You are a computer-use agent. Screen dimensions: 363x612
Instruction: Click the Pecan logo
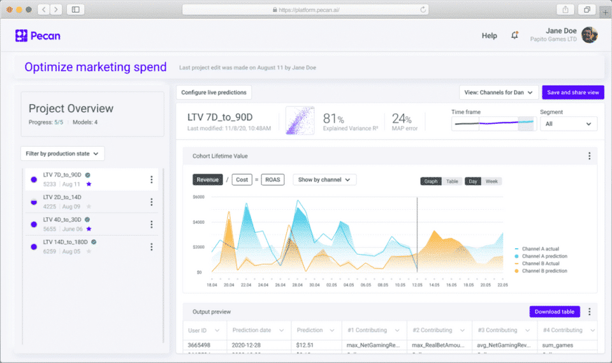[x=38, y=36]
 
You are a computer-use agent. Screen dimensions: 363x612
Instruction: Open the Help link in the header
[x=489, y=36]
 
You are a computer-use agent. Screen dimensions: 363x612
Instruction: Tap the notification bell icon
[x=514, y=36]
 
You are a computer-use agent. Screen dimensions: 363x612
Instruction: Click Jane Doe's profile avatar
[x=590, y=35]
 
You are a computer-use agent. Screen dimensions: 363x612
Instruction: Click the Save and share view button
[x=572, y=93]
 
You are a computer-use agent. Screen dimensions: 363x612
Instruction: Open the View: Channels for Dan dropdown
[x=499, y=93]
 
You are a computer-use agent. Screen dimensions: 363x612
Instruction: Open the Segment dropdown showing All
[x=568, y=124]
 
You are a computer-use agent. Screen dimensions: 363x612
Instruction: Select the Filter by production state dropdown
[x=62, y=153]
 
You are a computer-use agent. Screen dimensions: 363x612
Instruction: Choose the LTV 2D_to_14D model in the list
[x=62, y=197]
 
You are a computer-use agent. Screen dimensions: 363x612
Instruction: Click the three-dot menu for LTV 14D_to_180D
[x=151, y=247]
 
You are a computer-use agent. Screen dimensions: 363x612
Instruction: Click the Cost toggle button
[x=242, y=180]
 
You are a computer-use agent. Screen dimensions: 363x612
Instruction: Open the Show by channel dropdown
[x=324, y=180]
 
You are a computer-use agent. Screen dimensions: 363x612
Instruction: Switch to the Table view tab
[x=452, y=181]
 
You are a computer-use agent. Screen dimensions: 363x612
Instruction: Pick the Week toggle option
[x=492, y=181]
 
